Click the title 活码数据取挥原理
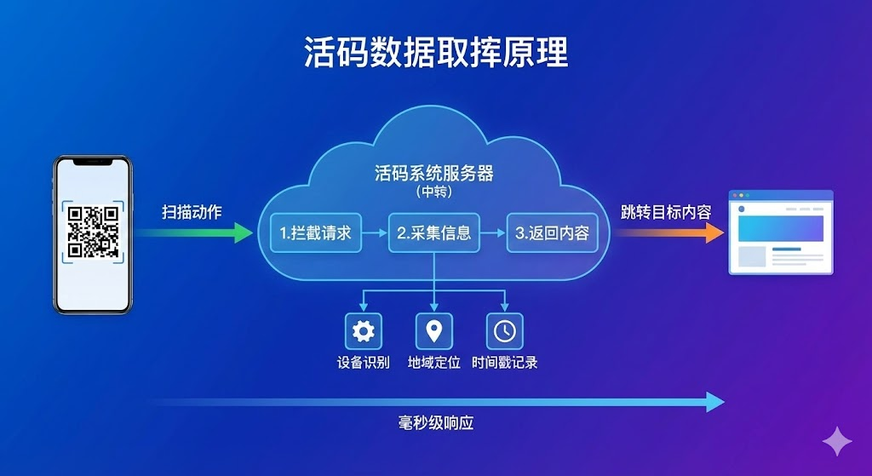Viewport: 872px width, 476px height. coord(435,53)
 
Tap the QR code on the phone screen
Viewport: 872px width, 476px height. coord(92,232)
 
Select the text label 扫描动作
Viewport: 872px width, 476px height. coord(192,212)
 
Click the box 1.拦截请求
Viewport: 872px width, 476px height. coord(315,232)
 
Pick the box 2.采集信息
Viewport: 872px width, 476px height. coord(434,232)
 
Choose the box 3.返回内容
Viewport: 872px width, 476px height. coord(552,232)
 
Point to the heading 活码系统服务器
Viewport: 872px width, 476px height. coord(434,174)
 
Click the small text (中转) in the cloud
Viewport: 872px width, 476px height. coord(434,193)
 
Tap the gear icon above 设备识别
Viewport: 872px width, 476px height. coord(364,330)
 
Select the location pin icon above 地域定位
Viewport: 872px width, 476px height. coord(434,330)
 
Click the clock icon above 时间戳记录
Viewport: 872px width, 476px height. coord(505,330)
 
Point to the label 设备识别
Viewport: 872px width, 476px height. coord(364,363)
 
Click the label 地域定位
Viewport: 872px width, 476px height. coord(434,363)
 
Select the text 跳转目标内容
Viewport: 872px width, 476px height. coord(666,212)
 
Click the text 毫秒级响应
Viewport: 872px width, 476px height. coord(435,423)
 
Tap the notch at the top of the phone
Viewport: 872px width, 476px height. coord(92,161)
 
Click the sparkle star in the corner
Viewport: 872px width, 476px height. coord(836,441)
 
